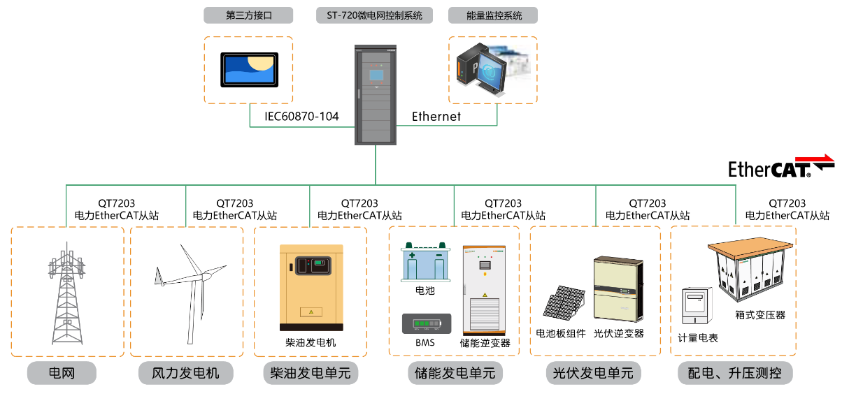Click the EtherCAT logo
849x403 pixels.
tap(780, 167)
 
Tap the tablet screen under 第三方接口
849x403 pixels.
tap(249, 69)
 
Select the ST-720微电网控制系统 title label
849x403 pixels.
tap(375, 15)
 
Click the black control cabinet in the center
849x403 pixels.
tap(375, 95)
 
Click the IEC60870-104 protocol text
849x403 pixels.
tap(301, 117)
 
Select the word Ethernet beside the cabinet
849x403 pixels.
tap(436, 117)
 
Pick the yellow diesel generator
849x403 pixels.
tap(311, 287)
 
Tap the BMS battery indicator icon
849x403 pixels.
tap(426, 324)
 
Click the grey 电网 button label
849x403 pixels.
tap(62, 373)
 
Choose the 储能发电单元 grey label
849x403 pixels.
tap(454, 373)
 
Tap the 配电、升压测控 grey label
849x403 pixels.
tap(735, 373)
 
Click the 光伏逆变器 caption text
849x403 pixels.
tap(618, 334)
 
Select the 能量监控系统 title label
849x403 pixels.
tap(494, 15)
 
